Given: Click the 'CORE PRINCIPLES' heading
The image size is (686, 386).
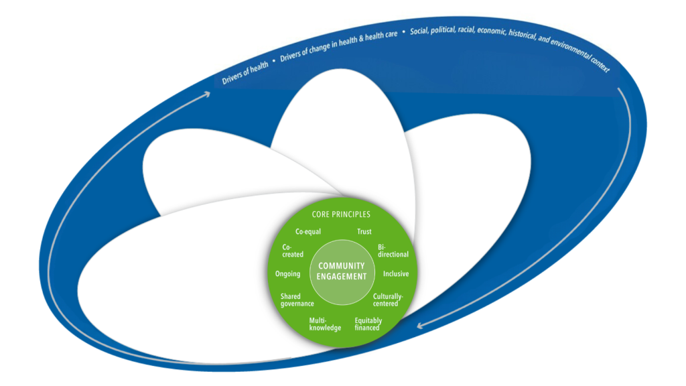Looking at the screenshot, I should (x=341, y=214).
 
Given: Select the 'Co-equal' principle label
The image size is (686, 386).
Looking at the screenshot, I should (x=308, y=232).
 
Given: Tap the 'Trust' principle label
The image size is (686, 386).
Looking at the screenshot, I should (x=364, y=232).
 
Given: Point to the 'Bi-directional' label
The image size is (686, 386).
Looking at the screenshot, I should (x=393, y=251).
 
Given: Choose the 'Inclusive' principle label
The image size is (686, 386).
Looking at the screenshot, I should (x=396, y=274).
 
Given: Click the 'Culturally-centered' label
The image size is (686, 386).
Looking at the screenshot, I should (x=387, y=300).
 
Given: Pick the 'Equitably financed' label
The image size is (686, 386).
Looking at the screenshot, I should (x=367, y=324).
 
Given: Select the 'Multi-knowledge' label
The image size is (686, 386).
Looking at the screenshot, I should (x=325, y=324).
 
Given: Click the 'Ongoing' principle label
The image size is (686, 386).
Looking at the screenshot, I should (x=287, y=274).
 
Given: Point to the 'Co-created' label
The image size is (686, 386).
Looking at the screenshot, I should (x=293, y=251).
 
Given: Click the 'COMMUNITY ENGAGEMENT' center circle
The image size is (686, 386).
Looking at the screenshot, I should (x=342, y=271).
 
